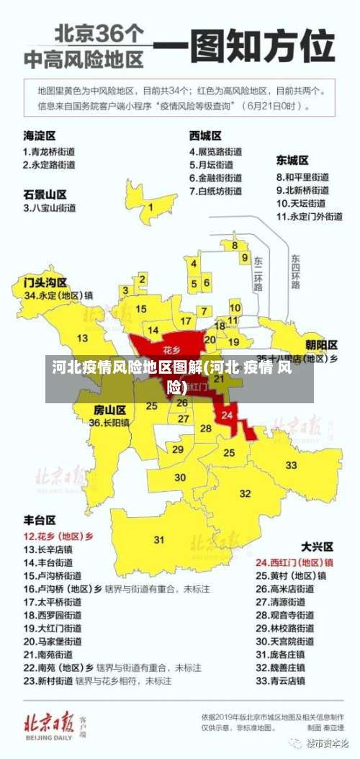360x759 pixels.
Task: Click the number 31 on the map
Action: (159, 539)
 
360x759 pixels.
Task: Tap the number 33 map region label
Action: (291, 465)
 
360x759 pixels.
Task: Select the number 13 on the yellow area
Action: (83, 338)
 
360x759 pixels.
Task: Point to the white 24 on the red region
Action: (228, 415)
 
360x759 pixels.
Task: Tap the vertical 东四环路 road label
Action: (295, 271)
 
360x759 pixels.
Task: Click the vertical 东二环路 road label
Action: (258, 274)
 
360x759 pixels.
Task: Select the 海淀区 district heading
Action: (40, 135)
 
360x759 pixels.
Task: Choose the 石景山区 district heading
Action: (45, 194)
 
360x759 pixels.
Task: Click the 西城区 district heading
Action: (205, 135)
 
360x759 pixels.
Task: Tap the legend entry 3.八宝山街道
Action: (50, 207)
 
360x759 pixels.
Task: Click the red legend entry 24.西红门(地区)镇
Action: (295, 562)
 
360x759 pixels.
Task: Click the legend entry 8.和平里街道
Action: (302, 176)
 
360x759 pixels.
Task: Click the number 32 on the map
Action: (245, 493)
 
